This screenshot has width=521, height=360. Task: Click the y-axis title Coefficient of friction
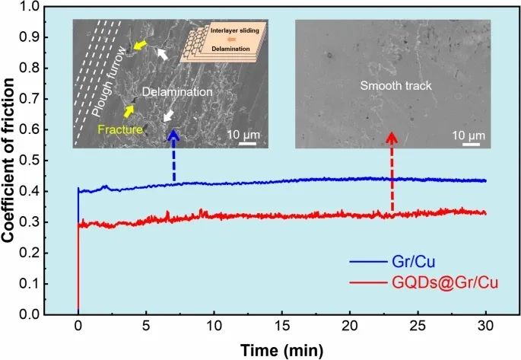[10, 161]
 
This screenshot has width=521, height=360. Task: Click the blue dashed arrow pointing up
[174, 157]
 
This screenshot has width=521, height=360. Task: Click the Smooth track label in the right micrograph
[396, 86]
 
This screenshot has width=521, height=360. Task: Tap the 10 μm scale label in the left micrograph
[243, 135]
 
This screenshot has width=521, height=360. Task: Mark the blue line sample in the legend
[370, 262]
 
